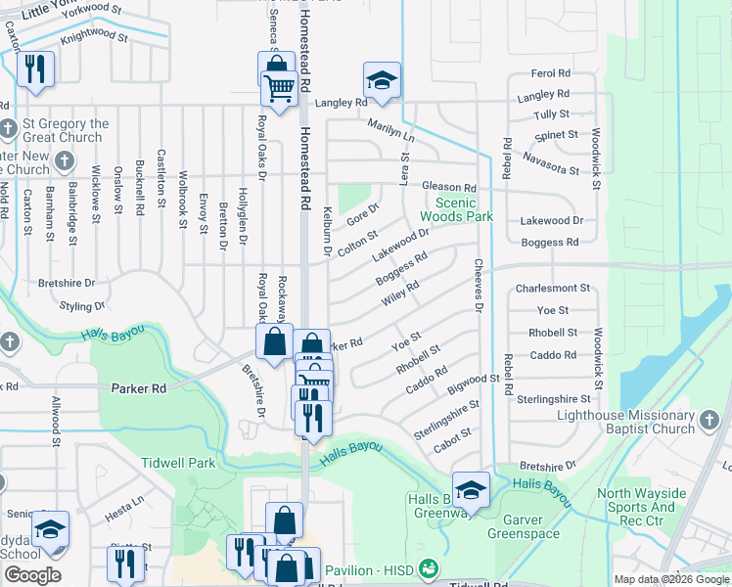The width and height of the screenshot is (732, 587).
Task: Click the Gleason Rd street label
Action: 448,187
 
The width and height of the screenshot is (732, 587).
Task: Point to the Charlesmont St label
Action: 553,289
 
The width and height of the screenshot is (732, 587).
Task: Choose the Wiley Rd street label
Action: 400,292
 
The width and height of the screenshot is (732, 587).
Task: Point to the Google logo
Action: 32,575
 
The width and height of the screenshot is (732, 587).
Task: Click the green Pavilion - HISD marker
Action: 426,568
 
